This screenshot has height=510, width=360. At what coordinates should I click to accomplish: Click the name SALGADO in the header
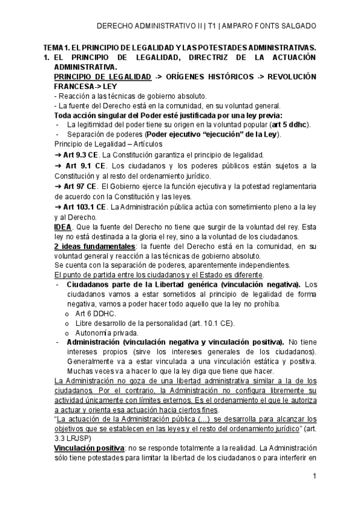297,26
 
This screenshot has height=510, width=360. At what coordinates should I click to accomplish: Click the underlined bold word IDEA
63,227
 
